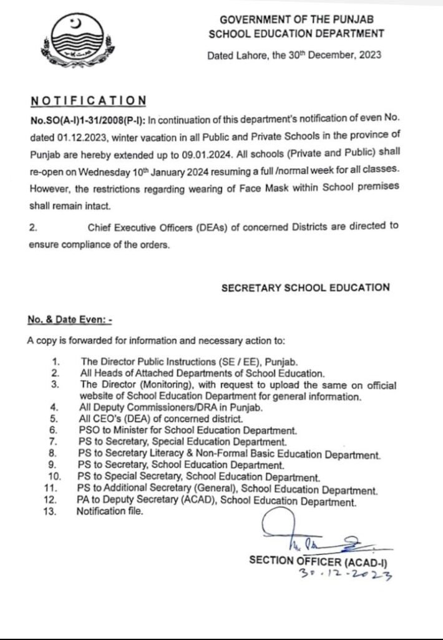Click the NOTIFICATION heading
pos(88,101)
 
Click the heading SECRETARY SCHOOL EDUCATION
pos(306,287)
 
